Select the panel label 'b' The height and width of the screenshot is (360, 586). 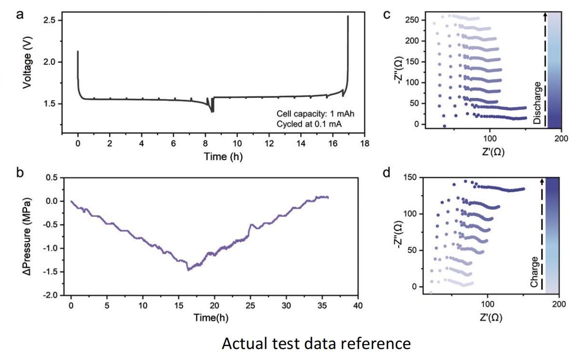(20, 173)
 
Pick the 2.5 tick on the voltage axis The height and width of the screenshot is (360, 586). (50, 20)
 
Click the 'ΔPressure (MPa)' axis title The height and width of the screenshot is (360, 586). (27, 235)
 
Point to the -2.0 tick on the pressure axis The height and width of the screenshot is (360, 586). (51, 295)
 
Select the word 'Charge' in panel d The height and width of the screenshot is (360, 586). (535, 272)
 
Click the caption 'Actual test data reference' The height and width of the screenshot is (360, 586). (316, 344)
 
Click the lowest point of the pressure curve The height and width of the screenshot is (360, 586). (188, 270)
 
